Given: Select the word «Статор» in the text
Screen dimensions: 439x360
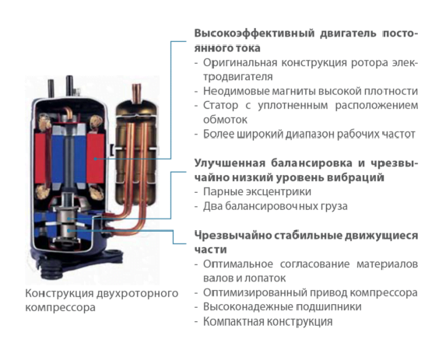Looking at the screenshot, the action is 220,106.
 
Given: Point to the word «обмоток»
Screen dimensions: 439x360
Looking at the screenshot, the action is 226,120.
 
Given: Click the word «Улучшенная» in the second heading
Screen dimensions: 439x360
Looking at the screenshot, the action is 230,163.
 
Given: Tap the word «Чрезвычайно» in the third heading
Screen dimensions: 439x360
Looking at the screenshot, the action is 233,236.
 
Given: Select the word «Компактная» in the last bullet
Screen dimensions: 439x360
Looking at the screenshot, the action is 234,321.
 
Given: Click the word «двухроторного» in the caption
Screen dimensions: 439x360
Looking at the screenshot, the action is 138,293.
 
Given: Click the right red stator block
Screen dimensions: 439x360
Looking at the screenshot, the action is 95,158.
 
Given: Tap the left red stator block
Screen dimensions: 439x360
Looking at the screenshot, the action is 40,158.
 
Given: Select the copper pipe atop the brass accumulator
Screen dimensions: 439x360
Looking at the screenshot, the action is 137,93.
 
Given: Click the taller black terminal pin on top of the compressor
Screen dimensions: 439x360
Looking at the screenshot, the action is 69,85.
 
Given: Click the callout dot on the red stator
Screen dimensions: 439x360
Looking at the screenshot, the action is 96,159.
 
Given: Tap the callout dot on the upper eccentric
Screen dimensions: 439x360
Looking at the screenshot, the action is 68,218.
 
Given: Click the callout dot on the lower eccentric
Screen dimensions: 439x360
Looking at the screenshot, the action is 68,230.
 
